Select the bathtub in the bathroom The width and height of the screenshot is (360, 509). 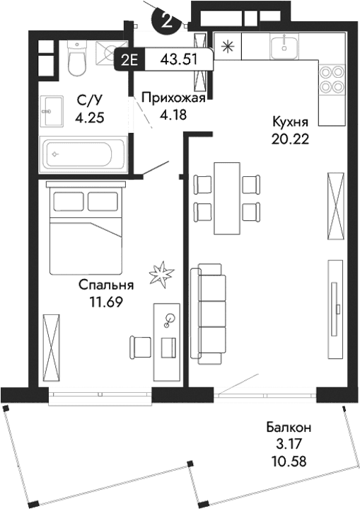point(83,152)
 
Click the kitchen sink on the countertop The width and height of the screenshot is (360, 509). point(285,47)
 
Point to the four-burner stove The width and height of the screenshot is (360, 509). point(330,79)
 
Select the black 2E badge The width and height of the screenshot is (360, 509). point(129,59)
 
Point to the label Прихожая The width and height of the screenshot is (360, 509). point(173,98)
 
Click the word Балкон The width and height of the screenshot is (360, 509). point(289,428)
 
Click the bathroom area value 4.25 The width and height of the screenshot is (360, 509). point(91,118)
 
